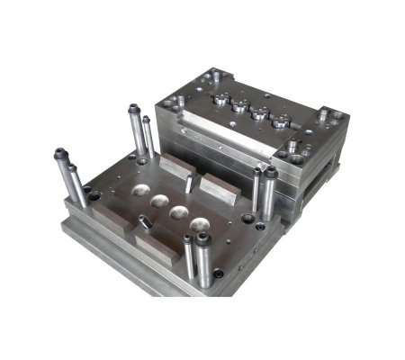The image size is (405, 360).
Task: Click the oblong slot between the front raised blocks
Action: point(145,220)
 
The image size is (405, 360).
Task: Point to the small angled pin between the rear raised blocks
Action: point(187,184)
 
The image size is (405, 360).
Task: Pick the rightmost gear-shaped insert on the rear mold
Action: point(281,126)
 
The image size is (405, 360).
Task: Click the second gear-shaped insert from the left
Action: point(239,109)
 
